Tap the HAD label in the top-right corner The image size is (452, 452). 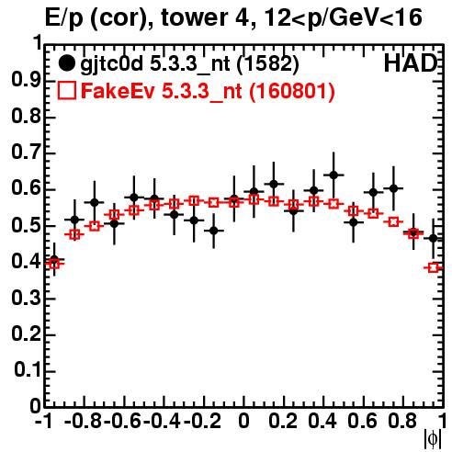coord(411,63)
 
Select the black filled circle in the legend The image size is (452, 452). coord(66,63)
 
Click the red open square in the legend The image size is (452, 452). coord(67,91)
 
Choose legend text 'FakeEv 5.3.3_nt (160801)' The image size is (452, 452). coord(208,92)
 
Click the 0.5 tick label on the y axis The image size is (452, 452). coord(26,226)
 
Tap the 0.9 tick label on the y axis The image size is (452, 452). coord(26,81)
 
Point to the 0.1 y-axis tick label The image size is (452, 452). coord(28,371)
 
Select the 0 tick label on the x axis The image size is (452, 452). coord(243,421)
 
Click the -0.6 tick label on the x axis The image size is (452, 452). coord(122,421)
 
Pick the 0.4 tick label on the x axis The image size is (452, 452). coord(322,421)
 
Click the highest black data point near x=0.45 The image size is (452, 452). coord(333,175)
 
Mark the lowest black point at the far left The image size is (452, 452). coord(54,259)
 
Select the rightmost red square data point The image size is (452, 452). coord(433,268)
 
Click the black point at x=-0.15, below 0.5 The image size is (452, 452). coord(214,231)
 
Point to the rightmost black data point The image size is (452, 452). coord(433,238)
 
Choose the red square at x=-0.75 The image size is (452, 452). coord(95,227)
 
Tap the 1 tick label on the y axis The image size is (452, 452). coord(38,43)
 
